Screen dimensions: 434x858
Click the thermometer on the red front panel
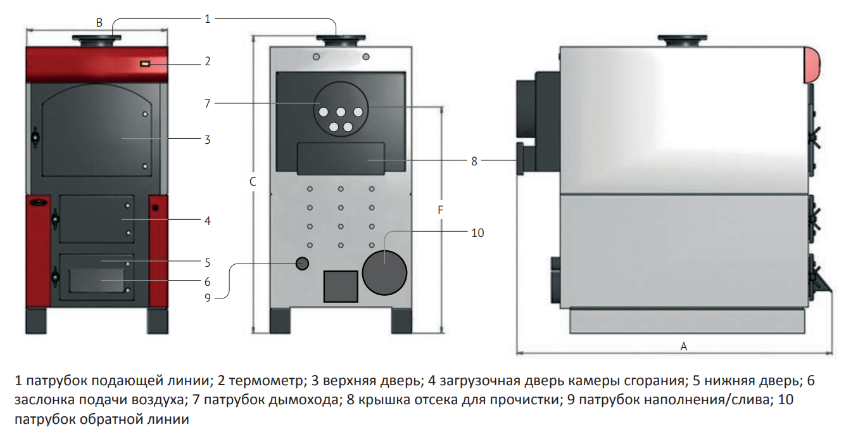pyautogui.click(x=145, y=63)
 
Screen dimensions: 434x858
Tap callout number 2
pyautogui.click(x=207, y=61)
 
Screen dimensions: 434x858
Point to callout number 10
pyautogui.click(x=477, y=233)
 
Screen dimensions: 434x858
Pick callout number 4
pyautogui.click(x=207, y=221)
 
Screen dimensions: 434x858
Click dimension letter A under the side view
pyautogui.click(x=683, y=346)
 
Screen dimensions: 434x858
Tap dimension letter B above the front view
pyautogui.click(x=99, y=23)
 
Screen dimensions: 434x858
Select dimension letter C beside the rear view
pyautogui.click(x=252, y=182)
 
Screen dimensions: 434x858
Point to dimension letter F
pyautogui.click(x=441, y=210)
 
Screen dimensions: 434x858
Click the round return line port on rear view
pyautogui.click(x=384, y=272)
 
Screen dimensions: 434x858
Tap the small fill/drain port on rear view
pyautogui.click(x=302, y=263)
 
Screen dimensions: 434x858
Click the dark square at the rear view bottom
pyautogui.click(x=341, y=286)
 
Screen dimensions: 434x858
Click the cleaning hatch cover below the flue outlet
pyautogui.click(x=341, y=158)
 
